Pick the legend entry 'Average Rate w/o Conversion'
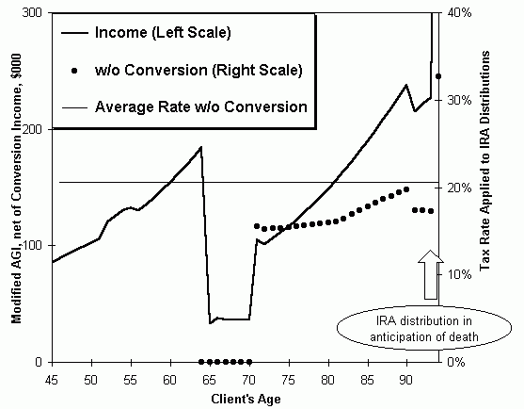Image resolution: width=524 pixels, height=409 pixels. tap(200, 106)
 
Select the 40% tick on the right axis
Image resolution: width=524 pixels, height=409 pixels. tap(457, 12)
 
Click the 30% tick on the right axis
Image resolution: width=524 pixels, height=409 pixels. tap(457, 100)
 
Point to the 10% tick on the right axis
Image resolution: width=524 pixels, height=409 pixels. tap(457, 275)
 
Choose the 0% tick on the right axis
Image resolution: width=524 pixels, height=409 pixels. tap(454, 363)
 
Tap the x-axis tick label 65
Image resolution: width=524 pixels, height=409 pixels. tap(209, 381)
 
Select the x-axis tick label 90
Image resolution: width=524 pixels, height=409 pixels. tap(406, 381)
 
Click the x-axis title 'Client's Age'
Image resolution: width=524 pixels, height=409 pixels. tap(241, 399)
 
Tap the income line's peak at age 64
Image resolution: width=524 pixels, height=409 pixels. tap(201, 147)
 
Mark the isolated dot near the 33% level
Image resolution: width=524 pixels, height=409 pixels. tap(438, 76)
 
